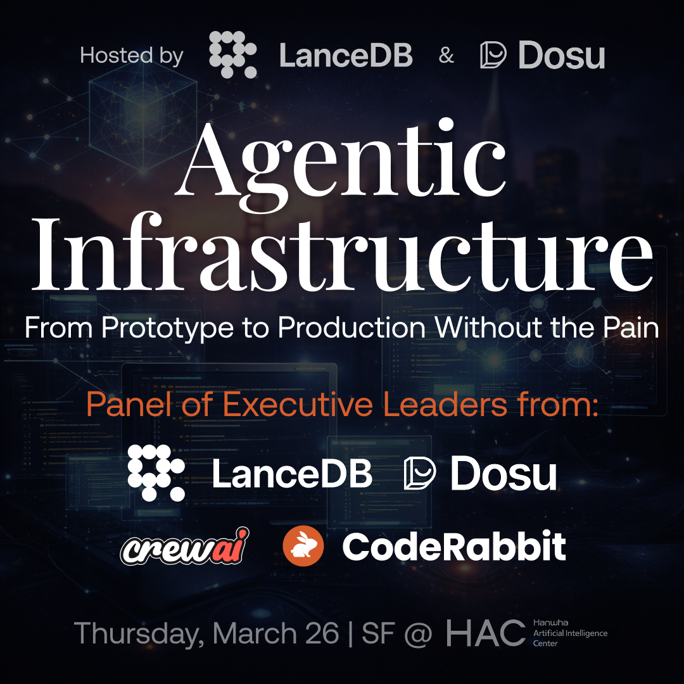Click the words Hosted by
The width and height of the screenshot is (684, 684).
tap(132, 56)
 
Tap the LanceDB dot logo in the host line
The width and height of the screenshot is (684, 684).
tap(232, 54)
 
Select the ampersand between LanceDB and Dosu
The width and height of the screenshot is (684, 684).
tap(446, 56)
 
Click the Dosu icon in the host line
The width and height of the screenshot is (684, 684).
tap(493, 55)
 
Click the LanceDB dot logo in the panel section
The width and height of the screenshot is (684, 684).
tap(156, 472)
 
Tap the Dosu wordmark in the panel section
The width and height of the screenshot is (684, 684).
tap(503, 474)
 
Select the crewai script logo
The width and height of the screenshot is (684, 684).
tap(184, 547)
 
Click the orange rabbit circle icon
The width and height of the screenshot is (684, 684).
tap(303, 547)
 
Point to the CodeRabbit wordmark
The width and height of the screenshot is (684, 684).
tap(453, 547)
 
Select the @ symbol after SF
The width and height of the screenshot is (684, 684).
tap(417, 633)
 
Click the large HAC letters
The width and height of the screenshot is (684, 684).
tap(485, 633)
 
